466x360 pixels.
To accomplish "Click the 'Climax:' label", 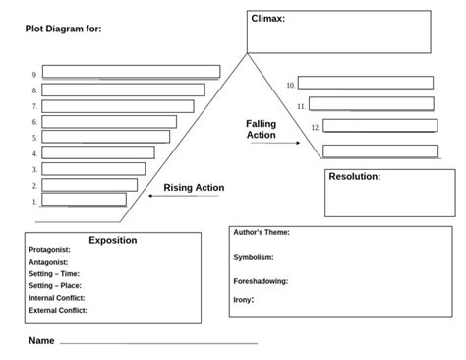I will click(268, 19).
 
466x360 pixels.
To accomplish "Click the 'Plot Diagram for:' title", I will click(63, 30).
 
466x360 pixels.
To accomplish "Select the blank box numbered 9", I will click(131, 72).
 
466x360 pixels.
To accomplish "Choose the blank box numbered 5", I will click(103, 138).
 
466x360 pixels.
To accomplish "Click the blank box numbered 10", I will click(365, 84).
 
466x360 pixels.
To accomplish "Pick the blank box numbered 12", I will click(379, 126).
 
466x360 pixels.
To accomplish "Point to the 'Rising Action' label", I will click(194, 188).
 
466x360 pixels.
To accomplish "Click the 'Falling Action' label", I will click(261, 129).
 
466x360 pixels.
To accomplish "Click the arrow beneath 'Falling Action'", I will click(275, 144).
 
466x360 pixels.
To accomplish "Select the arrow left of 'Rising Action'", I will click(183, 197).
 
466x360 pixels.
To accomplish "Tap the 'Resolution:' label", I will click(354, 177).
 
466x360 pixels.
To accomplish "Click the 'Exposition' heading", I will click(113, 240).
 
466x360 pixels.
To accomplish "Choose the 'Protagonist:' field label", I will click(50, 251).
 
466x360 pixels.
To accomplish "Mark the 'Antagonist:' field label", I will click(49, 263).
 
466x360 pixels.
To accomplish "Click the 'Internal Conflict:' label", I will click(57, 297).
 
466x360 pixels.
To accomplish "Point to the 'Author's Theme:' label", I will click(262, 233).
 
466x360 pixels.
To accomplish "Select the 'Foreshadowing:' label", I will click(261, 281).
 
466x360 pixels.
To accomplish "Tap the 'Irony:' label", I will click(244, 299).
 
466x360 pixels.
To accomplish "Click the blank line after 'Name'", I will click(158, 343).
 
